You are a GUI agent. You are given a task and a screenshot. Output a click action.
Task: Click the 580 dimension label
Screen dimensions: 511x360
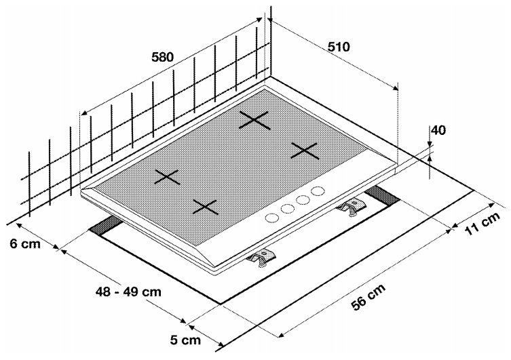[x=163, y=57]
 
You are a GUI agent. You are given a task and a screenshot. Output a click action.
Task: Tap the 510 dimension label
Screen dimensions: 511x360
[x=338, y=47]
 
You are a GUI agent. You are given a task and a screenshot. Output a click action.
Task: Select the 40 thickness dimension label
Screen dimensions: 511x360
[x=438, y=130]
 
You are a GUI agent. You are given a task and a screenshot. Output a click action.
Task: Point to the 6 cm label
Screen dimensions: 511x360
[x=24, y=244]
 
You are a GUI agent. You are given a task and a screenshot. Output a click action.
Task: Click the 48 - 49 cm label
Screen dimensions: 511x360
[x=128, y=292]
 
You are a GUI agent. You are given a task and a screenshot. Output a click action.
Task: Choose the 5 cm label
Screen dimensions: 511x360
[x=185, y=340]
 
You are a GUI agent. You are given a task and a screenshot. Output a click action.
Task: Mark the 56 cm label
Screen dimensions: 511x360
[x=369, y=296]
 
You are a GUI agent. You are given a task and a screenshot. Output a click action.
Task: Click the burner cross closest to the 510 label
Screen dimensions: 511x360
[x=254, y=120]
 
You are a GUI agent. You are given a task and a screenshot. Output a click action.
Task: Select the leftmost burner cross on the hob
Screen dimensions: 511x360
[x=167, y=178]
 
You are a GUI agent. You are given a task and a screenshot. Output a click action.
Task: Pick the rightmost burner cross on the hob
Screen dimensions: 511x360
[x=305, y=151]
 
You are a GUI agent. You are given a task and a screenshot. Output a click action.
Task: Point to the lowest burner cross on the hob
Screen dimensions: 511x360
[x=205, y=207]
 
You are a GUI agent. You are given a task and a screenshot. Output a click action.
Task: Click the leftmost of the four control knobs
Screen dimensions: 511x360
[x=271, y=218]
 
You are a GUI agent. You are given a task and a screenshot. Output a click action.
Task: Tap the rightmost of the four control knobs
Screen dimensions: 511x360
[x=318, y=190]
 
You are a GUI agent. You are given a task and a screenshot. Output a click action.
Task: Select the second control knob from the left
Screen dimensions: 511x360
[x=287, y=208]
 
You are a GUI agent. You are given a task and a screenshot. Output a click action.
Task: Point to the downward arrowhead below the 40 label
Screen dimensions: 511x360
[x=430, y=143]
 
